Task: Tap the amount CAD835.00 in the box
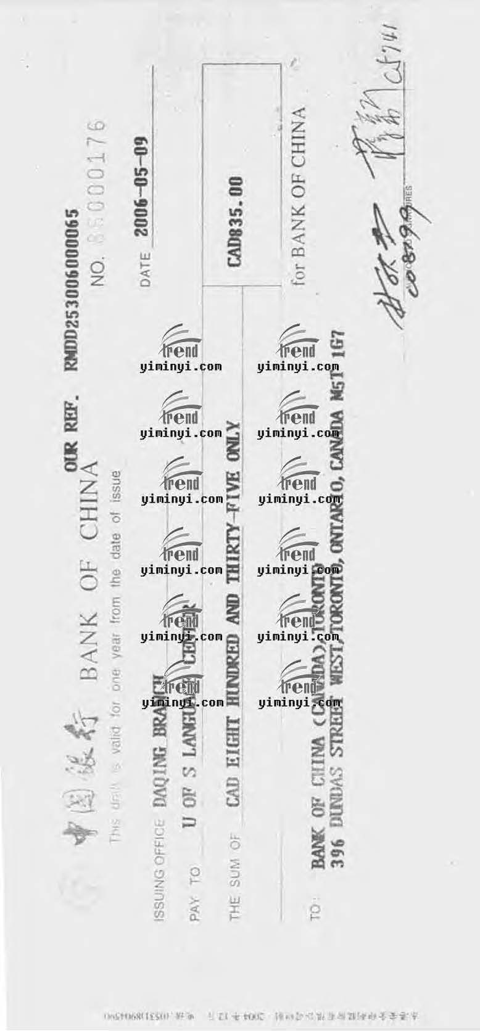236,222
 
